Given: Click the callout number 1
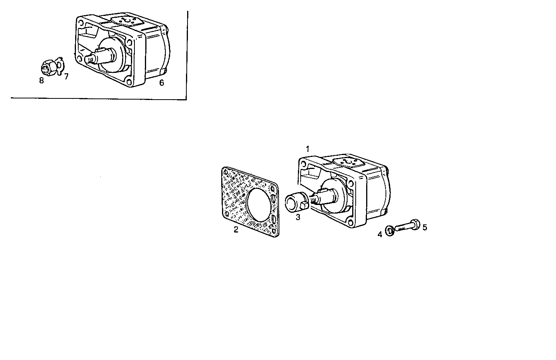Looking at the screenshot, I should (x=308, y=149).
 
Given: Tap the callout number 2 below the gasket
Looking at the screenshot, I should (x=236, y=229).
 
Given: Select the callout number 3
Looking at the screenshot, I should (x=298, y=217).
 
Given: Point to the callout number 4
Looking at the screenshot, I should (x=380, y=234).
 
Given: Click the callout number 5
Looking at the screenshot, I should (x=425, y=227).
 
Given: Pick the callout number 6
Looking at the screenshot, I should (x=162, y=83).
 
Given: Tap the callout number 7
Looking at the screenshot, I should (x=66, y=76).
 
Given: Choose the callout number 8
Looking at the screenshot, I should (x=41, y=81).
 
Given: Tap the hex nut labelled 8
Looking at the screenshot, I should (x=47, y=68).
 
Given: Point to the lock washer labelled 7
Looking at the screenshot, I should (x=59, y=65).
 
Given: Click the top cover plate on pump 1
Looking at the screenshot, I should (x=348, y=162).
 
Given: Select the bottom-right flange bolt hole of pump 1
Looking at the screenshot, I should (x=351, y=222).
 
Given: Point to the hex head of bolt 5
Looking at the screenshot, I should (x=415, y=224).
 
